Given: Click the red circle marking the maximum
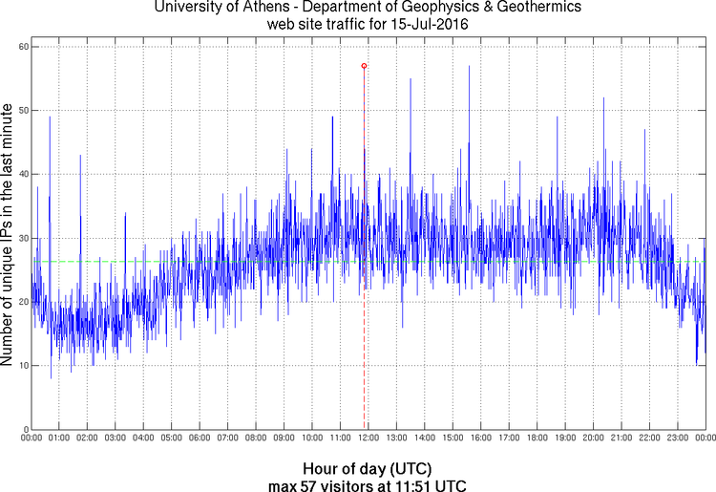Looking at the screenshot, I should [364, 66].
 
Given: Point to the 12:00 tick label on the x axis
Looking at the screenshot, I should [369, 439].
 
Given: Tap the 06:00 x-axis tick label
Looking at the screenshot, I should [200, 439].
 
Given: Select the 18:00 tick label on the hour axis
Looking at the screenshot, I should [537, 439].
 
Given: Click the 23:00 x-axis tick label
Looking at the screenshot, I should [677, 439].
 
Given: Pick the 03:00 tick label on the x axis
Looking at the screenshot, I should [116, 439].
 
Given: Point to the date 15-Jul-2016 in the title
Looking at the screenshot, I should [426, 24].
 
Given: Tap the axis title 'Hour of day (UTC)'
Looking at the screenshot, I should [368, 469].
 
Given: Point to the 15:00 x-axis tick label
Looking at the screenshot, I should [453, 439].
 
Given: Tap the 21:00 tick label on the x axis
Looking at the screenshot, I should [621, 439].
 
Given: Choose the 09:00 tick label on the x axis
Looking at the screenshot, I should [284, 439].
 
